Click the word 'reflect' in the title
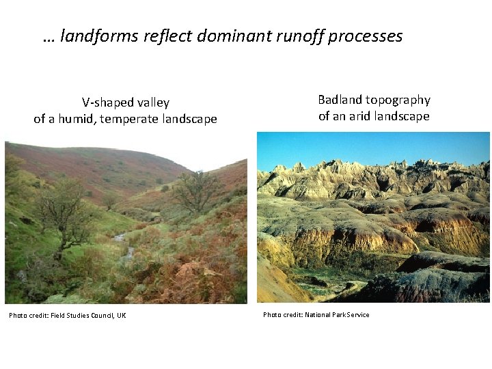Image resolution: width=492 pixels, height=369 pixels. pyautogui.click(x=168, y=36)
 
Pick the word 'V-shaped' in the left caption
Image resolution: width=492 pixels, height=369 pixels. pyautogui.click(x=106, y=103)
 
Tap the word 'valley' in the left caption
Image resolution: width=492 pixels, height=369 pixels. pyautogui.click(x=151, y=103)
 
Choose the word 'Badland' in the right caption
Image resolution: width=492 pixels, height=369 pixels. pyautogui.click(x=339, y=100)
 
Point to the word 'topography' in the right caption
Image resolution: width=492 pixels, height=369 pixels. pyautogui.click(x=397, y=100)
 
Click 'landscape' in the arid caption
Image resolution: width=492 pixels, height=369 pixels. pyautogui.click(x=402, y=116)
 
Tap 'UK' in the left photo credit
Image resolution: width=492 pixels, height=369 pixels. pyautogui.click(x=121, y=315)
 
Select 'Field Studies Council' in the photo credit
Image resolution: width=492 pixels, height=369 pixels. pyautogui.click(x=79, y=315)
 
